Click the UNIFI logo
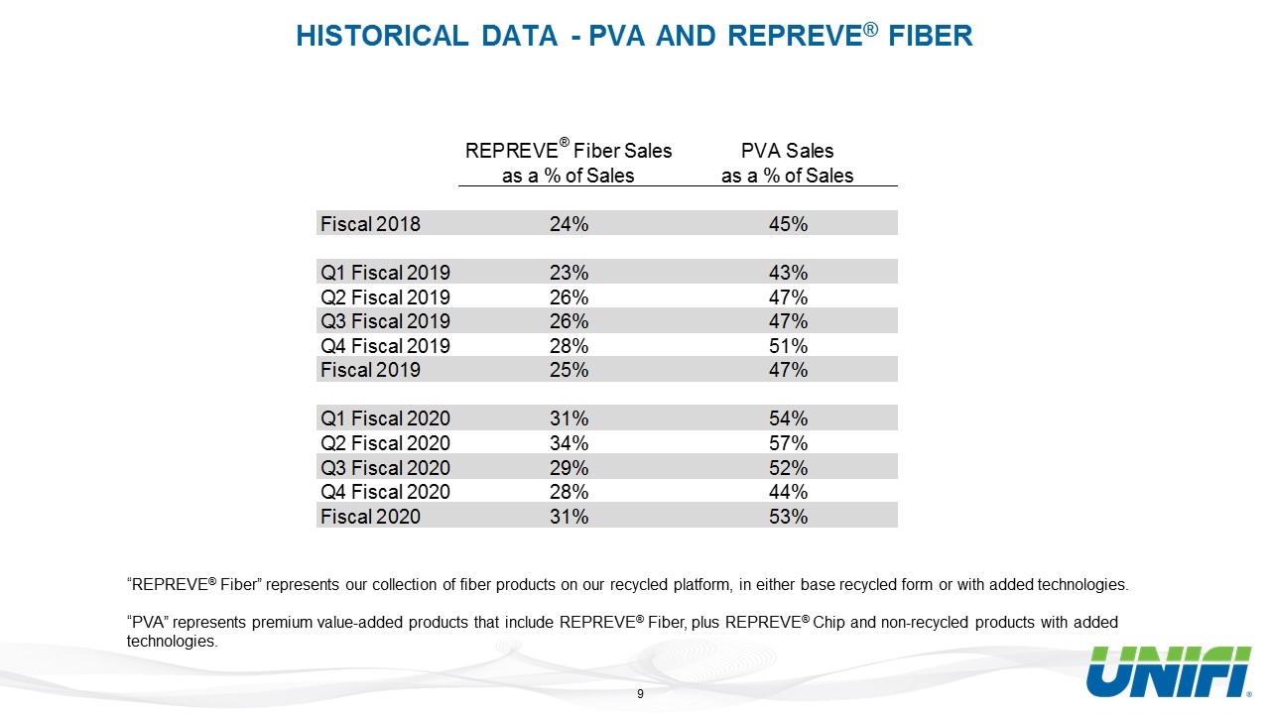pyautogui.click(x=1169, y=671)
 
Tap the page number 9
pyautogui.click(x=640, y=694)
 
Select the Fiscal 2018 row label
pyautogui.click(x=370, y=224)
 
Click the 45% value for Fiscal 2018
pyautogui.click(x=788, y=224)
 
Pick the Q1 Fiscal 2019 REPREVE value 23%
pyautogui.click(x=569, y=273)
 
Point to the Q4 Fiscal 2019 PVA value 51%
pyautogui.click(x=788, y=346)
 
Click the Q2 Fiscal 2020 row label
pyautogui.click(x=385, y=443)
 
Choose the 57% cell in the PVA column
pyautogui.click(x=788, y=443)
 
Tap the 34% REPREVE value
pyautogui.click(x=569, y=443)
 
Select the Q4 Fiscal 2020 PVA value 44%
pyautogui.click(x=788, y=492)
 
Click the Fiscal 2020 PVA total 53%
pyautogui.click(x=788, y=517)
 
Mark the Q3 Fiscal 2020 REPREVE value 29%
pyautogui.click(x=569, y=468)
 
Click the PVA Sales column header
pyautogui.click(x=787, y=164)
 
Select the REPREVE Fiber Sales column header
pyautogui.click(x=569, y=162)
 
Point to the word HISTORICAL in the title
pyautogui.click(x=382, y=36)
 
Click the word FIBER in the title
pyautogui.click(x=931, y=36)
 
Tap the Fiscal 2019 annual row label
pyautogui.click(x=370, y=370)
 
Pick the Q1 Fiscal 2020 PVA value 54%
pyautogui.click(x=788, y=418)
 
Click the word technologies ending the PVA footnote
pyautogui.click(x=172, y=642)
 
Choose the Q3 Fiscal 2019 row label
pyautogui.click(x=385, y=321)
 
